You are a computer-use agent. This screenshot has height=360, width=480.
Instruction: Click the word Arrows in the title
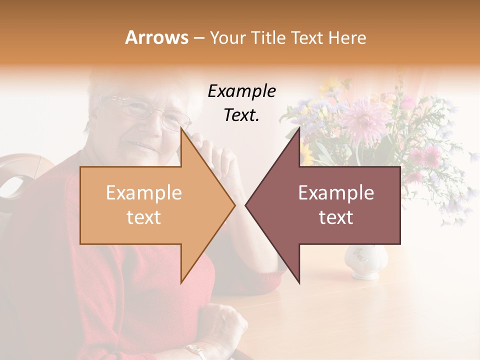coord(156,38)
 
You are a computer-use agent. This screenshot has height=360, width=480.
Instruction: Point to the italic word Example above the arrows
coord(241,91)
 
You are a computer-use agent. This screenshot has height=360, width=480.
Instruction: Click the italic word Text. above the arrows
coord(241,115)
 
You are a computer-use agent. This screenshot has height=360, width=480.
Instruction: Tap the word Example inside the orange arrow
coord(143,193)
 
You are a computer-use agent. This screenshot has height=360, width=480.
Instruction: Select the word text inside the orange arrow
coord(143,217)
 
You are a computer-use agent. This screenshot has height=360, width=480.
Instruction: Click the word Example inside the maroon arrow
coord(336,193)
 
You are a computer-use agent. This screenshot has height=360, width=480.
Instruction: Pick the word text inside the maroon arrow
coord(336,217)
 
